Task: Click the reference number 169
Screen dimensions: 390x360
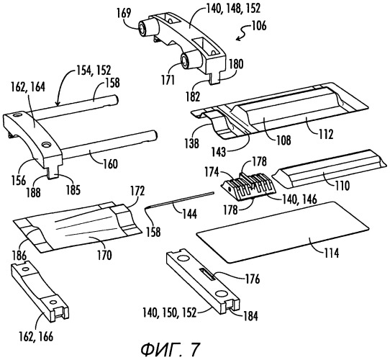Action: click(124, 13)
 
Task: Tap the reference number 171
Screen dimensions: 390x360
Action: click(168, 80)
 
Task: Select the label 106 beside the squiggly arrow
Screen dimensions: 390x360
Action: click(259, 26)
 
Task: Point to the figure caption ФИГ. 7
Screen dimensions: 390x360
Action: click(171, 349)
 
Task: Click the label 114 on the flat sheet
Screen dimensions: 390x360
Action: click(331, 253)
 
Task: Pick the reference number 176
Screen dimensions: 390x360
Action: click(253, 279)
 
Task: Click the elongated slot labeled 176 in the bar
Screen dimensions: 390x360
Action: click(207, 274)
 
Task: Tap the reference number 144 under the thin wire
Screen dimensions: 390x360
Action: click(189, 214)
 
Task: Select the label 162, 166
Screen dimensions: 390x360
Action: click(36, 336)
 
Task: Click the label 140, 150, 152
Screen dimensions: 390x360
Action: click(170, 313)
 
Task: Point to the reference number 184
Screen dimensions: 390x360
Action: click(250, 316)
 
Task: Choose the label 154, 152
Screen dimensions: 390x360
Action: click(94, 71)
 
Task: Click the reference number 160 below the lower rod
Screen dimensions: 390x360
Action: click(110, 164)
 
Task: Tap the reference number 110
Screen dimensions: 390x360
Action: click(343, 186)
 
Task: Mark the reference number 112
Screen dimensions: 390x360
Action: click(326, 135)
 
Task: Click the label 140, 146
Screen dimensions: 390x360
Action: click(299, 199)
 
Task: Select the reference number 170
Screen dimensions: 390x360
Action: click(104, 255)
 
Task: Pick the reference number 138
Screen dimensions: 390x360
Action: click(192, 143)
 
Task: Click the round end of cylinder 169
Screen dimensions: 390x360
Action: click(142, 29)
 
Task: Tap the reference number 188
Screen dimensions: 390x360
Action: click(33, 192)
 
